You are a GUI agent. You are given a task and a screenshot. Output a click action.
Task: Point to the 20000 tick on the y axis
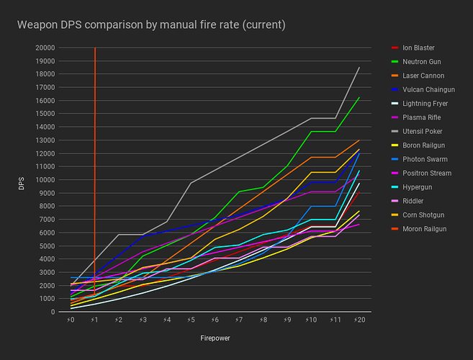click(44, 48)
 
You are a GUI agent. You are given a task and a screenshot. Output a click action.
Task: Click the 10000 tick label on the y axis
click(44, 180)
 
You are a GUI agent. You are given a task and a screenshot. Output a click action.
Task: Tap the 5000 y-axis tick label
click(46, 246)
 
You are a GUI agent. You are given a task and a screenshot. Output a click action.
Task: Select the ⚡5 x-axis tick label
click(191, 319)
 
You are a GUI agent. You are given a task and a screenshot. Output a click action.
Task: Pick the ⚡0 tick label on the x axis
click(71, 319)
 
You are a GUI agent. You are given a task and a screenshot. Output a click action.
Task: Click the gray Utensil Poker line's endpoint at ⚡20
click(359, 67)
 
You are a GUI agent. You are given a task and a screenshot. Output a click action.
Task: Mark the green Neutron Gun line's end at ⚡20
click(359, 97)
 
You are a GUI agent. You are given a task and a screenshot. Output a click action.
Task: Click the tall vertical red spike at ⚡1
click(95, 144)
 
